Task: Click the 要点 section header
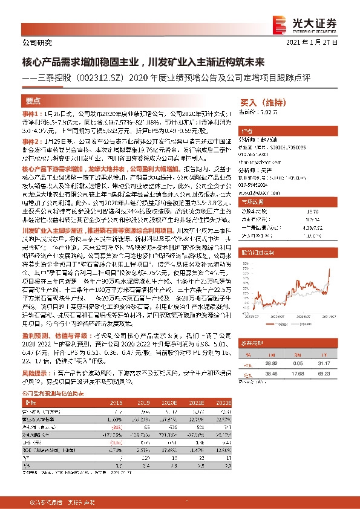tap(33, 102)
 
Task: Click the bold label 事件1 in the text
tap(31, 114)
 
